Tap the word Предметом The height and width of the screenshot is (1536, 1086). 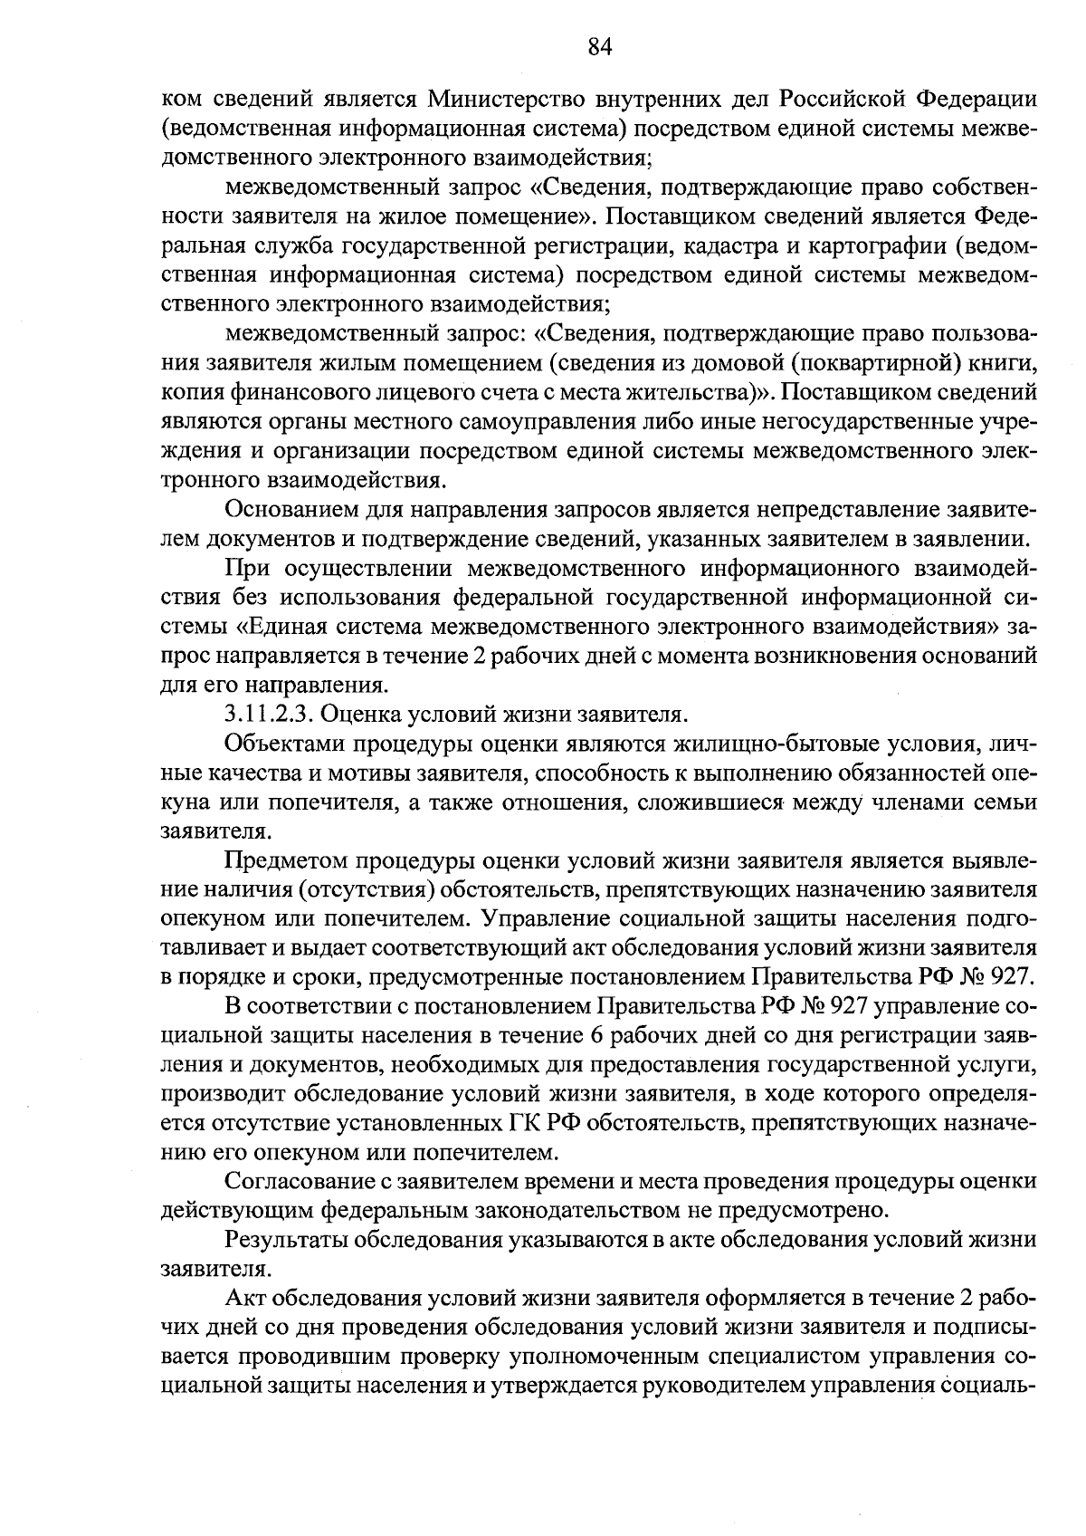(x=285, y=860)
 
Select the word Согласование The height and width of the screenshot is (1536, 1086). (x=301, y=1182)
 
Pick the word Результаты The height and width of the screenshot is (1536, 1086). (x=288, y=1240)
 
